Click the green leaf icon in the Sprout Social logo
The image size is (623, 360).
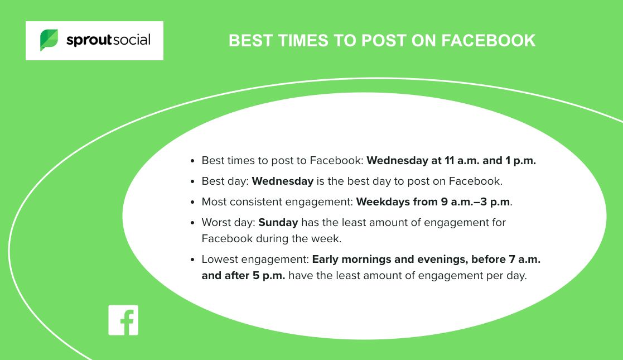click(49, 40)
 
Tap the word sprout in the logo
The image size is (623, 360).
click(89, 40)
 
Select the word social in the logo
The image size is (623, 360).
click(132, 40)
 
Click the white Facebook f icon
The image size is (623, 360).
click(124, 320)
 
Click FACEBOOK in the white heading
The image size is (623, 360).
click(489, 41)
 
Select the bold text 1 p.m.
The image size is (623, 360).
click(520, 161)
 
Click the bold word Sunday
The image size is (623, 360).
click(278, 222)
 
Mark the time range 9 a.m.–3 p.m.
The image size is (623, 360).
click(475, 202)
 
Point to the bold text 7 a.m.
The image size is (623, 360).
click(524, 260)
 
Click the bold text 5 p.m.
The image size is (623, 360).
click(269, 276)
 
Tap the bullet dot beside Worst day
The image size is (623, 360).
click(193, 223)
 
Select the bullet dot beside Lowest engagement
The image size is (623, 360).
click(193, 260)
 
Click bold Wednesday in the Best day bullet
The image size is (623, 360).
click(283, 181)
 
